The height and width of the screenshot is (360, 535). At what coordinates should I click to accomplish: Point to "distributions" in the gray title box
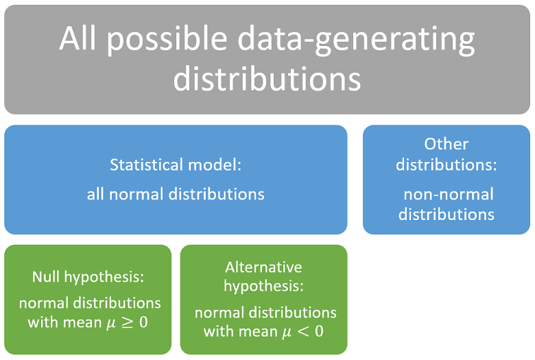pos(267,78)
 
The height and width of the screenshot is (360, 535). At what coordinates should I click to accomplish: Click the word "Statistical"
pos(147,165)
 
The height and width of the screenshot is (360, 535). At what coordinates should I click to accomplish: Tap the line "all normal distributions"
pos(176,194)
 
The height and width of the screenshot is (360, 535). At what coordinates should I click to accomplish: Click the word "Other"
pos(446,144)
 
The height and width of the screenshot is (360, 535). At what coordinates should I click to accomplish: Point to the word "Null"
pos(47,277)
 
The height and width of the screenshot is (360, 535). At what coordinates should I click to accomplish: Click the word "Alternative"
pos(263,267)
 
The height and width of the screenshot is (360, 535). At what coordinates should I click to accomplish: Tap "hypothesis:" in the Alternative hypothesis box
pos(263,285)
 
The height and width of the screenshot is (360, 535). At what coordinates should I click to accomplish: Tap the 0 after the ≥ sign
pos(143,322)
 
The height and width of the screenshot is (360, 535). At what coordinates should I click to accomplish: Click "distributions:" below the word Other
pos(446,165)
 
